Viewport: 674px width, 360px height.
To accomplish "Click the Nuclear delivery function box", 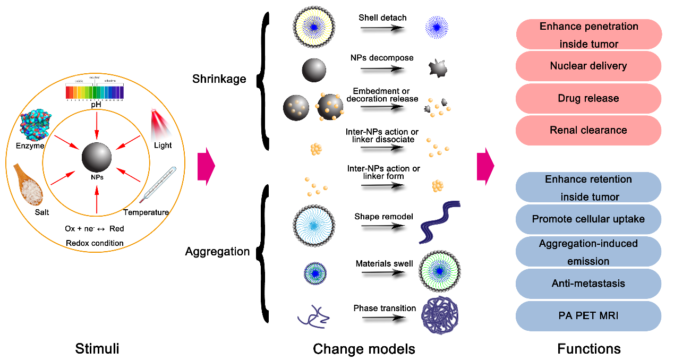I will tap(588, 66).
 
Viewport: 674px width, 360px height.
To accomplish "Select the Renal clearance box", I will tap(588, 130).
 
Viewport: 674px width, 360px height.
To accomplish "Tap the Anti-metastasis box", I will tap(588, 284).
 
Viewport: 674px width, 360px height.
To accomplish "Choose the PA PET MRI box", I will tap(588, 315).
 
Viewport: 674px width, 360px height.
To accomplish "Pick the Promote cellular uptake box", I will tap(588, 219).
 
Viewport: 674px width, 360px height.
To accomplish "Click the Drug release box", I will tap(588, 98).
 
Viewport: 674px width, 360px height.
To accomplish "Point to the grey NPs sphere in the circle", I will tap(97, 157).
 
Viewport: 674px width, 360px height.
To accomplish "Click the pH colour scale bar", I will tap(95, 92).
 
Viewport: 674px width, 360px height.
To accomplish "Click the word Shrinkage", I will tap(219, 79).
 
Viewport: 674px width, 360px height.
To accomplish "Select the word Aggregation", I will tap(217, 251).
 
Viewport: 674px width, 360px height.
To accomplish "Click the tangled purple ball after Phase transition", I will tap(439, 314).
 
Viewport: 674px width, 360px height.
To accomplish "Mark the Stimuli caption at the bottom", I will tap(97, 348).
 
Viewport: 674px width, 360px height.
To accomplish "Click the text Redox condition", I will tap(95, 243).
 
